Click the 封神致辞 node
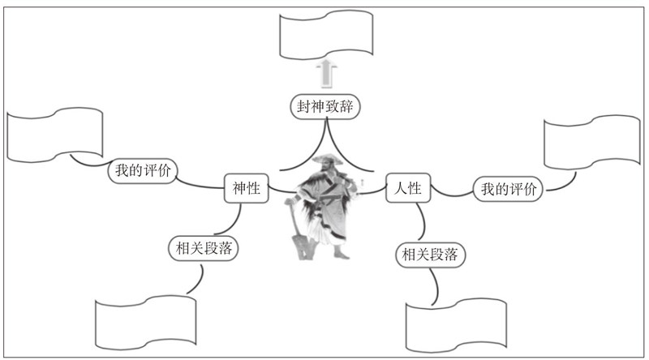click(324, 106)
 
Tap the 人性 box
click(407, 189)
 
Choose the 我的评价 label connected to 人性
click(508, 190)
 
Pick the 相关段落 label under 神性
click(204, 248)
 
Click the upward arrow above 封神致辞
click(326, 72)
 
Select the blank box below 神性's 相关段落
click(147, 324)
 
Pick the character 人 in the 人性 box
click(400, 189)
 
